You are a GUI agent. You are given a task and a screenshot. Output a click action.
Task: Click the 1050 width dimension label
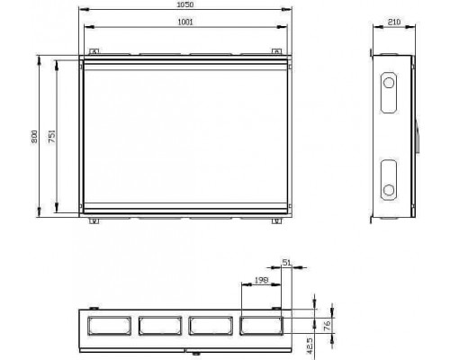point(185,4)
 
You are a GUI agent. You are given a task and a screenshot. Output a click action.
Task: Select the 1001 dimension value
point(185,22)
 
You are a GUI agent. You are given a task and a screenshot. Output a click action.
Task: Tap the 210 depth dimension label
point(394,22)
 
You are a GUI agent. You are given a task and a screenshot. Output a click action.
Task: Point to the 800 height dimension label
point(34,137)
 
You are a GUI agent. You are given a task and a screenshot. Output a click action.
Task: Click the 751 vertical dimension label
point(52,136)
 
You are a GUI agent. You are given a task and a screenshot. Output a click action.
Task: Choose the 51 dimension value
point(287,263)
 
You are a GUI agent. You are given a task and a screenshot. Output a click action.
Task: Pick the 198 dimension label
point(261,280)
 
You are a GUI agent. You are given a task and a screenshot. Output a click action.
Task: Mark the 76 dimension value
point(327,325)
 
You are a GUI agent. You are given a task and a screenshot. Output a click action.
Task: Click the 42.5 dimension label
point(310,346)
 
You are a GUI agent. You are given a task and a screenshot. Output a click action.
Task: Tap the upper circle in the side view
point(389,83)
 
